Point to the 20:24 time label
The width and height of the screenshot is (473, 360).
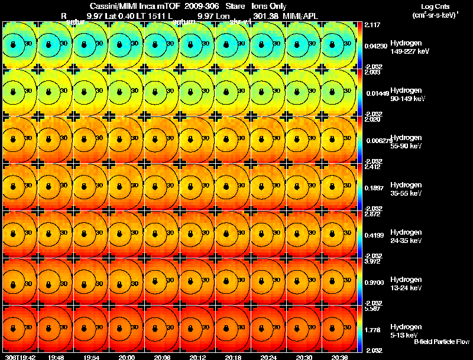268,357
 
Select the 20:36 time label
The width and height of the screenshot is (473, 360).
339,357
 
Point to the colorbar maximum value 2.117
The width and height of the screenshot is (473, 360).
372,25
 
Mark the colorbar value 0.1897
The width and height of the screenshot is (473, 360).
373,188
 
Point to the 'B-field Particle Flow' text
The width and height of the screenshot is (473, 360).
441,342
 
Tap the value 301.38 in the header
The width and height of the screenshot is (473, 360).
267,15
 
